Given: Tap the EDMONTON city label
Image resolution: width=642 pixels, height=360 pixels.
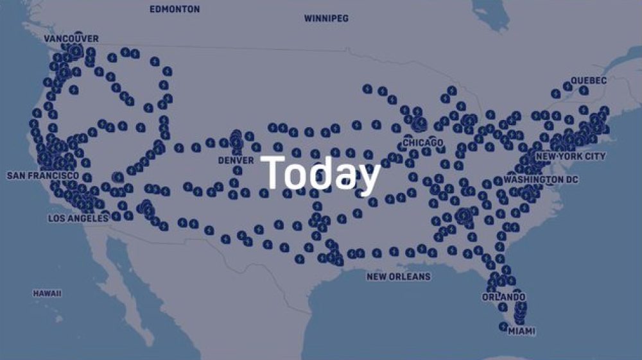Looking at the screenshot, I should pos(174,10).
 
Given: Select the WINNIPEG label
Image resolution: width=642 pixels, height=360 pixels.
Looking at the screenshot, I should pos(326,19).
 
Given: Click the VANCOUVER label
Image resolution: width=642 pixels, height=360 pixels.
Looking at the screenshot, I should pos(71,39).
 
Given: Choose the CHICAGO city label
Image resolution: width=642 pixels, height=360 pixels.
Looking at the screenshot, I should pos(423,142).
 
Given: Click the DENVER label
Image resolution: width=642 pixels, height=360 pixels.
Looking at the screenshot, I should pos(236,160).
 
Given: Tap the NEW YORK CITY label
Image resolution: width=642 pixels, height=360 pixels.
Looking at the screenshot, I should pos(570,157).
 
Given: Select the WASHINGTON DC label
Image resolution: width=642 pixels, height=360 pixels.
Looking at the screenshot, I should pos(541,180).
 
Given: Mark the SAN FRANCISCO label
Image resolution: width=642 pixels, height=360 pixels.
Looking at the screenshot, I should pos(43,175).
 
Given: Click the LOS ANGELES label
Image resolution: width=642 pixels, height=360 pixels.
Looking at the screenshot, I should pos(78,218).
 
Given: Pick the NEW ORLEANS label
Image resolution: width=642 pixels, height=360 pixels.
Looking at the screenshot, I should pos(398,277).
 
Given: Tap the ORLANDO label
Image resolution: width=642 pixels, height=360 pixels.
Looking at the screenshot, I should pos(504,297).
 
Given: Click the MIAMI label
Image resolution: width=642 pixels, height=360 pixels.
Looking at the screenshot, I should pos(521,332).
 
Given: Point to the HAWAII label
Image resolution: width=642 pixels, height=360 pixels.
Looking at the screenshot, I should pos(47,293).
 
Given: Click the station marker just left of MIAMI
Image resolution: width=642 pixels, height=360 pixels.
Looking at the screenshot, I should pos(503,327).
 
